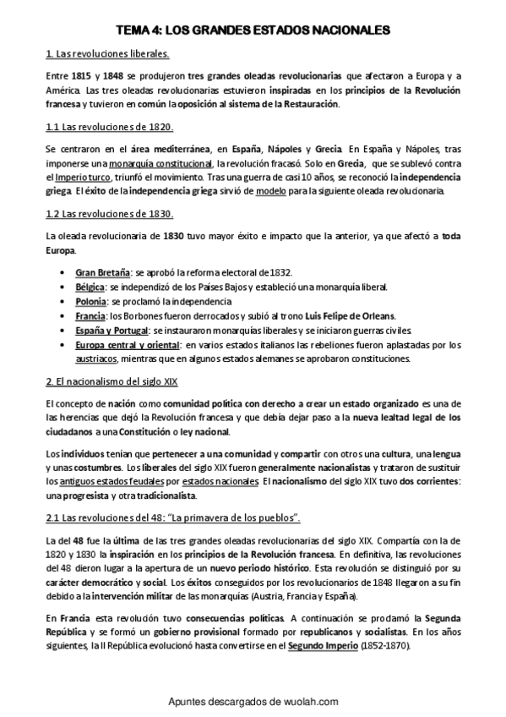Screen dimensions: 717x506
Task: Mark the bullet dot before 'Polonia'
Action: point(64,301)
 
